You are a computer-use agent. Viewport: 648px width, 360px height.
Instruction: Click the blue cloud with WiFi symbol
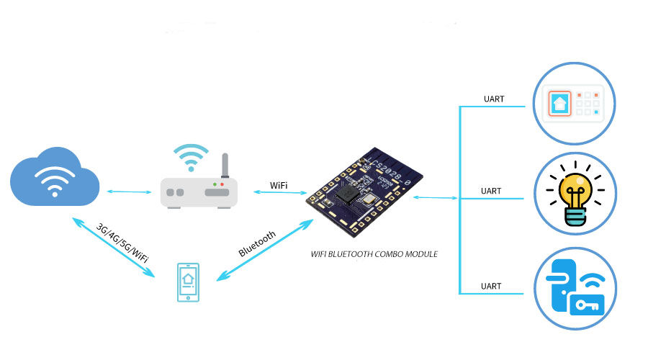(x=54, y=177)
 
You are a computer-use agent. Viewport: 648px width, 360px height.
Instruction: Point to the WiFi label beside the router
(x=279, y=185)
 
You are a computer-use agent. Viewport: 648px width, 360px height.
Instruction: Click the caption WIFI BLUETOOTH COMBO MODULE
(x=374, y=254)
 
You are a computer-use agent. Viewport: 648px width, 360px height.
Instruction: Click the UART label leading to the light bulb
(x=491, y=192)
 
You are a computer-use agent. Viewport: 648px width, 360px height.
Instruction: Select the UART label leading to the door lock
(x=491, y=287)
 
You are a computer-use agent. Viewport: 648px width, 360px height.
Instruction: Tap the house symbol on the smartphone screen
(x=187, y=279)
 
